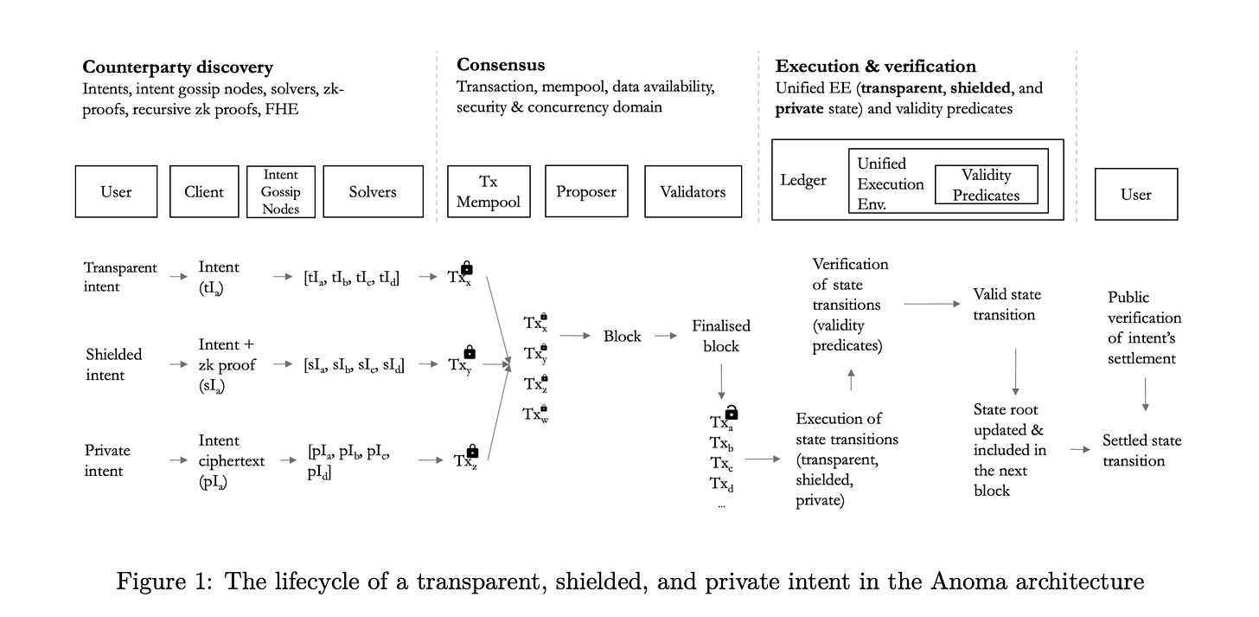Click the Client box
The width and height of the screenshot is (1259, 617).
[x=204, y=191]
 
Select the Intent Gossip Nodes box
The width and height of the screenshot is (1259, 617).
[x=280, y=191]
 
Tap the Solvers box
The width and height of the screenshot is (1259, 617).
[x=373, y=191]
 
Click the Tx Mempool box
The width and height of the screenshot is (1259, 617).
[x=489, y=191]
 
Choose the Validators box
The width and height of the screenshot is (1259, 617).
[x=693, y=191]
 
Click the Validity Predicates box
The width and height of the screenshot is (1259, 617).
[x=986, y=185]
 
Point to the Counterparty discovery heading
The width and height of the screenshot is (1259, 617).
[x=177, y=67]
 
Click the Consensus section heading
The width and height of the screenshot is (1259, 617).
[x=501, y=65]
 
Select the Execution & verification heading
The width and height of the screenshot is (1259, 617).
[x=876, y=67]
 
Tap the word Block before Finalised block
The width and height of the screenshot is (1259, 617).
[x=623, y=336]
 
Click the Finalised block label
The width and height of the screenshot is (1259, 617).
[x=721, y=336]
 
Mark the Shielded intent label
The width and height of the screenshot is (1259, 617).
[x=114, y=364]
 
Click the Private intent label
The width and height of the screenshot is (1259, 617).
[x=107, y=460]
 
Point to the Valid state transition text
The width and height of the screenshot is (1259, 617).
[x=1004, y=304]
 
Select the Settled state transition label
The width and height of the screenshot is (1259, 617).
[x=1141, y=450]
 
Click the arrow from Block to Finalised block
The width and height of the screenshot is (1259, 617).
[x=666, y=336]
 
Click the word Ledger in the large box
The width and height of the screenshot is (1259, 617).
[x=803, y=180]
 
